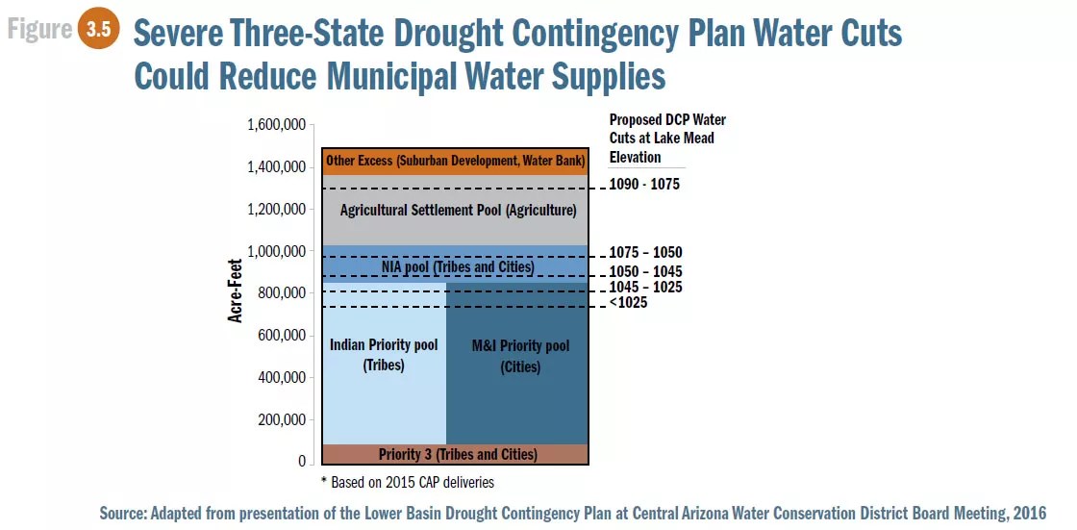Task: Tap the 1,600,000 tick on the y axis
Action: (276, 125)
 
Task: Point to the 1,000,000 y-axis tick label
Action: (276, 251)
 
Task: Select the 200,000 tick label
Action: (281, 419)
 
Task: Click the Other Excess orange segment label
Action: (455, 161)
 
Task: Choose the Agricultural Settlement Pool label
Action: (458, 210)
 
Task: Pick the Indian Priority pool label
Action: (384, 354)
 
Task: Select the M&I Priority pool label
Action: (520, 356)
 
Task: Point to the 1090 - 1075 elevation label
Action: (644, 184)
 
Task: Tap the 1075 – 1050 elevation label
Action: (645, 253)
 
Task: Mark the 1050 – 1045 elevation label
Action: (645, 271)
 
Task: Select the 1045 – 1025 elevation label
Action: (645, 288)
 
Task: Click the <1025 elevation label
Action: (628, 303)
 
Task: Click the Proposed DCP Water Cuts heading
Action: (667, 139)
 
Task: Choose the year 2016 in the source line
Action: (1028, 514)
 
